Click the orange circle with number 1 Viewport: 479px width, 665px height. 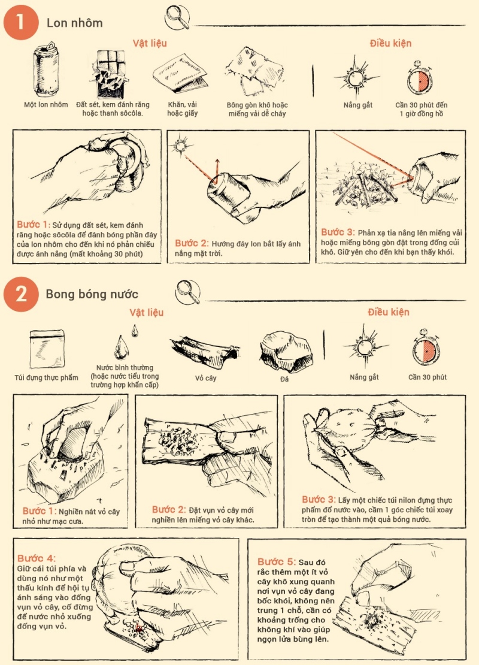tap(20, 23)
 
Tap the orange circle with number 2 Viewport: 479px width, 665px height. tap(20, 294)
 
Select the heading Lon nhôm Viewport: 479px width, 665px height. tap(75, 23)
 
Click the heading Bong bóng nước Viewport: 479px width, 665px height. tap(92, 294)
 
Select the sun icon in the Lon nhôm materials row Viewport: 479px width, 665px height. tap(357, 75)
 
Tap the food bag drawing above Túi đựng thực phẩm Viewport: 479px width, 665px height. tap(46, 347)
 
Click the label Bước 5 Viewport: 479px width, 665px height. tap(277, 561)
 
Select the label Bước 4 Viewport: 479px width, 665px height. tap(37, 558)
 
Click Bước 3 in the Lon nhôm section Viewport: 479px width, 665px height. tap(337, 232)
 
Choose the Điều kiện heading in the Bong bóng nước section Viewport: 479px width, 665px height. tap(389, 312)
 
